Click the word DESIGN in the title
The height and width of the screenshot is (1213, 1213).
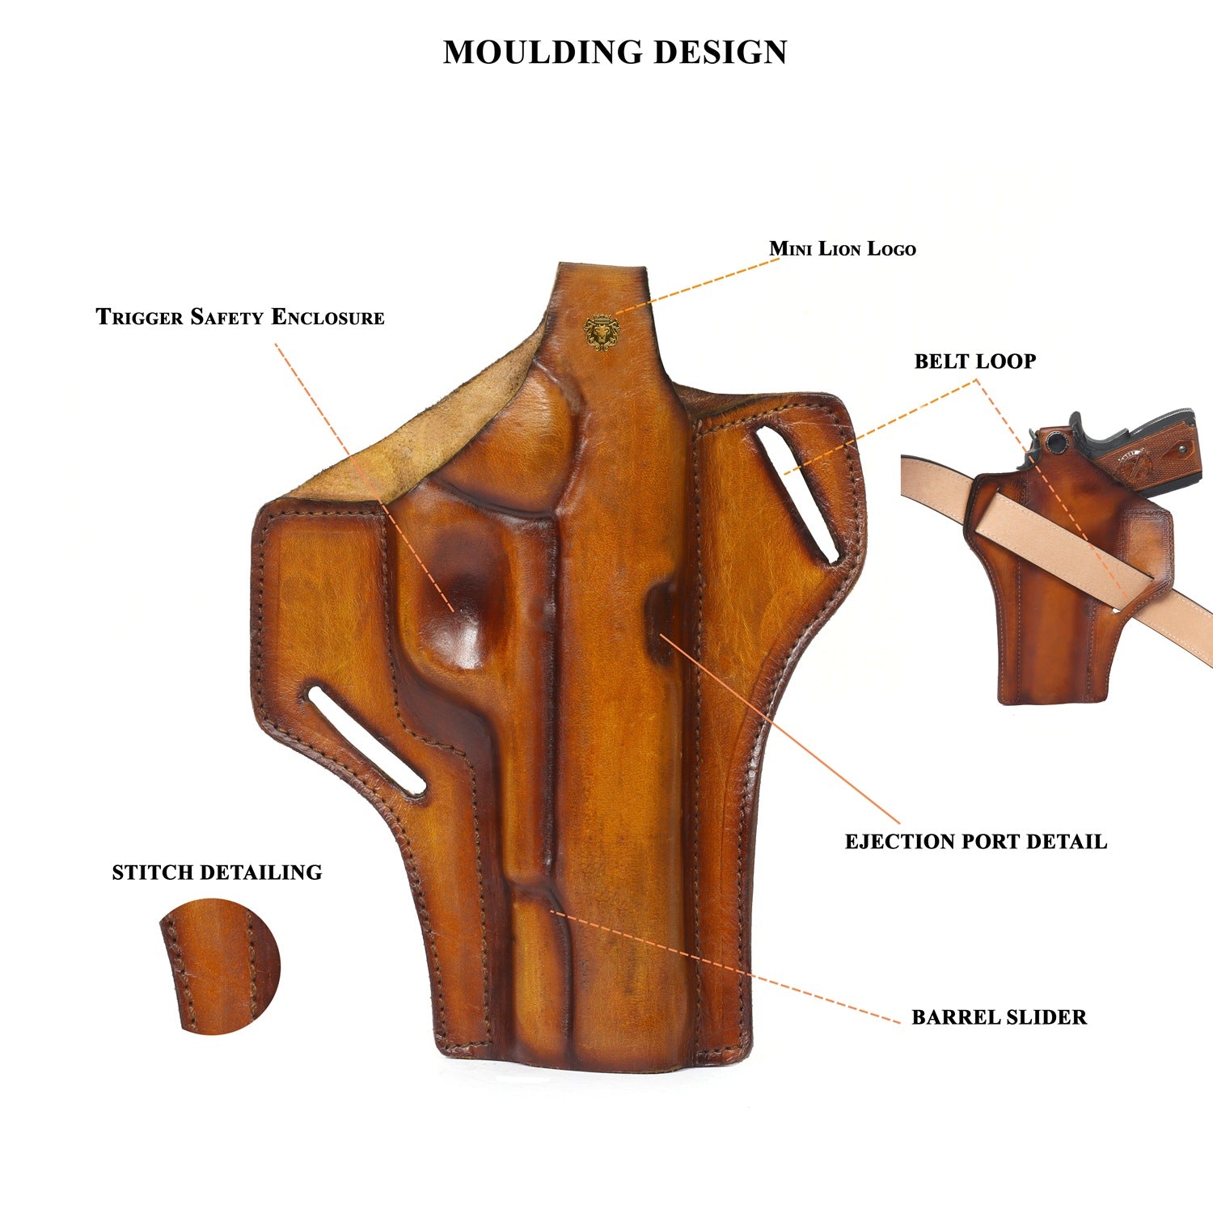point(720,53)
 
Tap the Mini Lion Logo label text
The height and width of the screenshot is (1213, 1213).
point(842,248)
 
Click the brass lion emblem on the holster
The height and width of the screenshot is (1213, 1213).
point(602,332)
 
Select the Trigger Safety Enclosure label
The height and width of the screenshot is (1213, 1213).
point(240,316)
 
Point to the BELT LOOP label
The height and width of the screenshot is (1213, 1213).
point(974,361)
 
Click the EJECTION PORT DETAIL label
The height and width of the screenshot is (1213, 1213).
point(975,842)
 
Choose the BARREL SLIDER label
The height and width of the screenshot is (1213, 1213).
point(999,1017)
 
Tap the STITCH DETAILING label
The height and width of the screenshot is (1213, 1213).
point(217,873)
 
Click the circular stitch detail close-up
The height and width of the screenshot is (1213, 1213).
point(219,966)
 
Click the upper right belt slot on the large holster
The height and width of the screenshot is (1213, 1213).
point(797,494)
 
